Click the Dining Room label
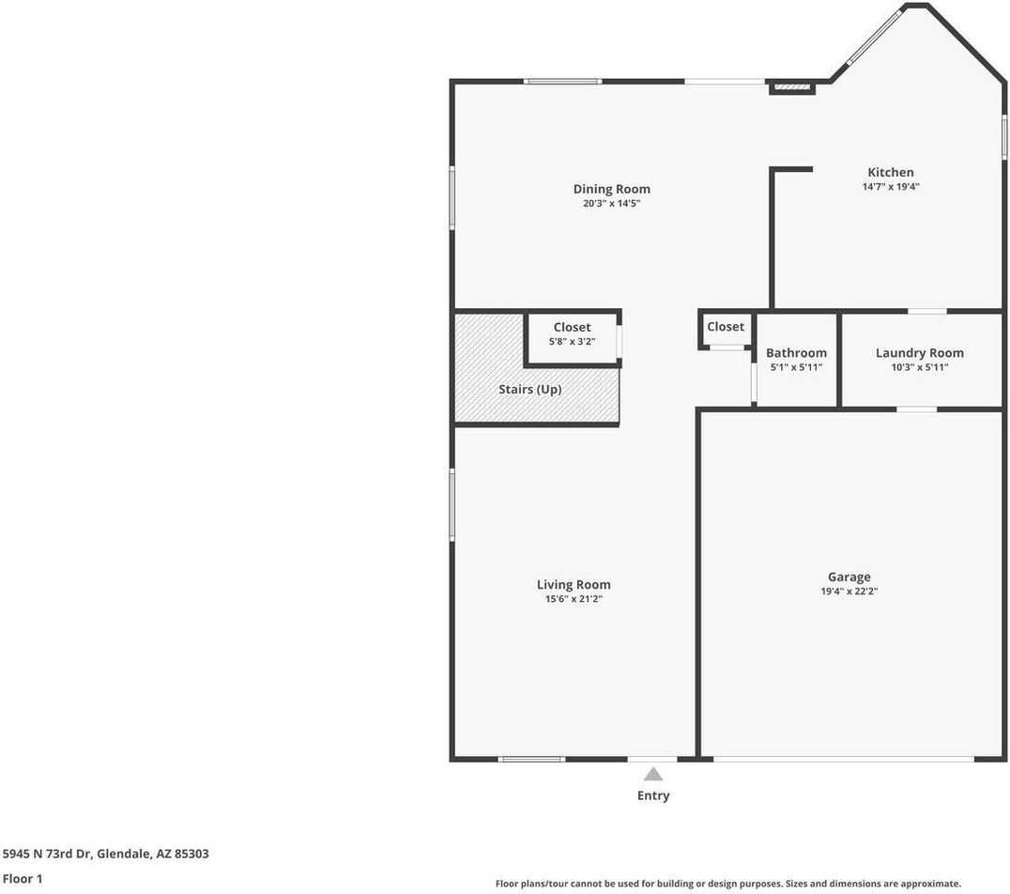tap(611, 189)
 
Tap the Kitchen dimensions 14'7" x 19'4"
tap(890, 187)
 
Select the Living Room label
tap(574, 584)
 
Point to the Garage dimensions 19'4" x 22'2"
tap(849, 592)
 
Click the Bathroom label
tap(796, 353)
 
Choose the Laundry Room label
tap(919, 353)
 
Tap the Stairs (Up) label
tap(529, 389)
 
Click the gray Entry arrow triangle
tap(653, 775)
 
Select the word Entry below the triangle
tap(653, 795)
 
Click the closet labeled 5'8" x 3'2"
tap(572, 335)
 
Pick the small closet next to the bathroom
tap(726, 328)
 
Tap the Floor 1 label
tap(23, 879)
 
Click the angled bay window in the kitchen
tap(875, 37)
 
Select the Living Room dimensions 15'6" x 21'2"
tap(574, 599)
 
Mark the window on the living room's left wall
tap(452, 504)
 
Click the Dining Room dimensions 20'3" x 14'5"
tap(611, 203)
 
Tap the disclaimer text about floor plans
tap(727, 884)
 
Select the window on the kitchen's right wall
tap(1003, 135)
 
